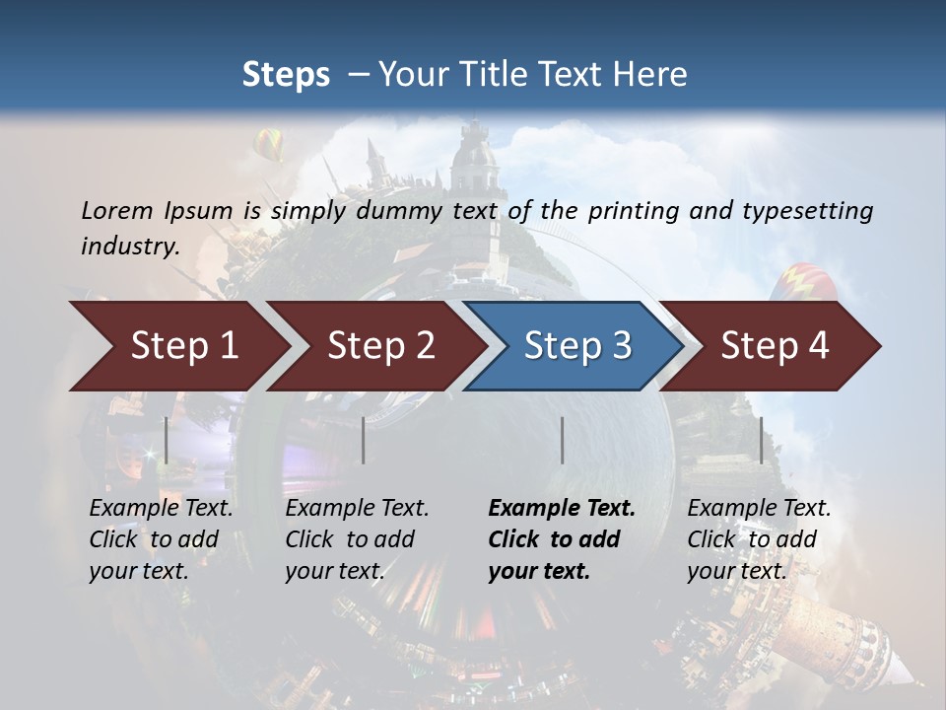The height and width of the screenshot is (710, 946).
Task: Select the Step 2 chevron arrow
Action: (x=379, y=346)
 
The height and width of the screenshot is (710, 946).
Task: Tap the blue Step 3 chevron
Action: (x=575, y=346)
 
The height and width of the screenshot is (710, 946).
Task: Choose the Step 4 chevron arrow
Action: (x=774, y=346)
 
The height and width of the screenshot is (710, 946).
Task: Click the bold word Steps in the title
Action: (x=286, y=75)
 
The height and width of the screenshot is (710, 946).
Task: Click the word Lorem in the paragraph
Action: (x=115, y=210)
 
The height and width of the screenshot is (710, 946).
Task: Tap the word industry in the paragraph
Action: (x=129, y=246)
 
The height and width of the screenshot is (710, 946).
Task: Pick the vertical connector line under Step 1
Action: (x=167, y=440)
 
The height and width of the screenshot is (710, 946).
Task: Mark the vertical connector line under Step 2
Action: (x=364, y=440)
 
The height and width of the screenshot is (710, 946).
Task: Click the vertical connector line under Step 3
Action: (x=562, y=440)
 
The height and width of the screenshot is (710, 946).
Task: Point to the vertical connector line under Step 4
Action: (x=761, y=440)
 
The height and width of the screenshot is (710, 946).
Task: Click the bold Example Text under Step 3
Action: (x=562, y=508)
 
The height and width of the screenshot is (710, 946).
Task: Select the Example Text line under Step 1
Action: (x=161, y=508)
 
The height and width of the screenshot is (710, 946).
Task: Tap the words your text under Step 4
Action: (x=736, y=571)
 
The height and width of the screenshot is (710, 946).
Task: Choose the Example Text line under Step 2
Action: (x=357, y=508)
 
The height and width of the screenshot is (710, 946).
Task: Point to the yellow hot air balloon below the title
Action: (x=268, y=145)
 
